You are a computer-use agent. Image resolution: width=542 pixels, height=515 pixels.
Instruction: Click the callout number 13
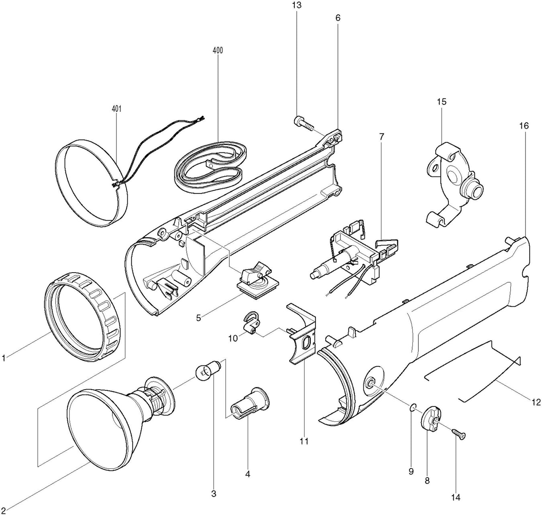click(297, 6)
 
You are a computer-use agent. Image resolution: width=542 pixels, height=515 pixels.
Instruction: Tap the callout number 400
click(218, 50)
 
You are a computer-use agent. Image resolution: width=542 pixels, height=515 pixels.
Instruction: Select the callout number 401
click(116, 109)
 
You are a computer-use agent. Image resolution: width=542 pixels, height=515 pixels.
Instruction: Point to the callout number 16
click(524, 126)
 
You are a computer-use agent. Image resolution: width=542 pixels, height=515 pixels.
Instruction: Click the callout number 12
click(536, 402)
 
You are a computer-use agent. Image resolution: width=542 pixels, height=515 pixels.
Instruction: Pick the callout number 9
click(411, 472)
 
